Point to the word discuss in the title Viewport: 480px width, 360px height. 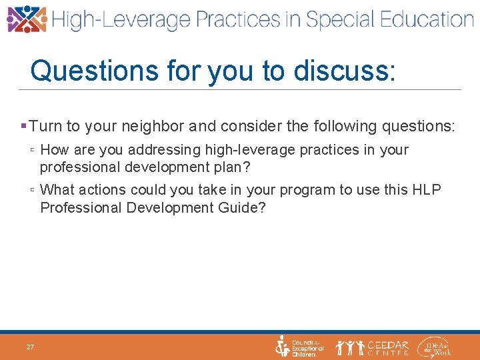[x=350, y=70]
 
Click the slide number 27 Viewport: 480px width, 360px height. [x=30, y=347]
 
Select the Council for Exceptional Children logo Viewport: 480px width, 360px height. [x=299, y=347]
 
